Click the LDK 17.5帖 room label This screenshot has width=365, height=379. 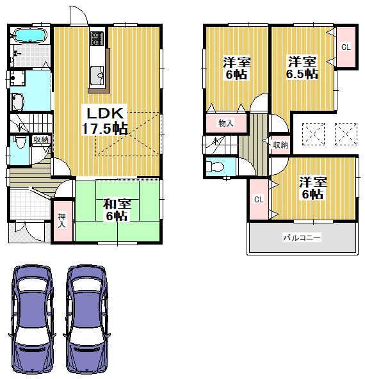tap(106, 120)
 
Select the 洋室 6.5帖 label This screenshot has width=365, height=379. tap(302, 67)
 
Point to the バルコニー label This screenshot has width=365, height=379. tap(302, 238)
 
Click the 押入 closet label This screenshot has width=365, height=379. tap(62, 220)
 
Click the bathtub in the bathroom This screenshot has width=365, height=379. tap(29, 35)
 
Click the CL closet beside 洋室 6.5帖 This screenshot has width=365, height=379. tap(345, 47)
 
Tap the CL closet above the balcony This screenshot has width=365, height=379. tap(259, 199)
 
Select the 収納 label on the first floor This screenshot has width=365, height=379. tap(40, 140)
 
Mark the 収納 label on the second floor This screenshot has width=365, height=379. tap(280, 145)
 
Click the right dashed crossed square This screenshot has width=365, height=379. tap(345, 133)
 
